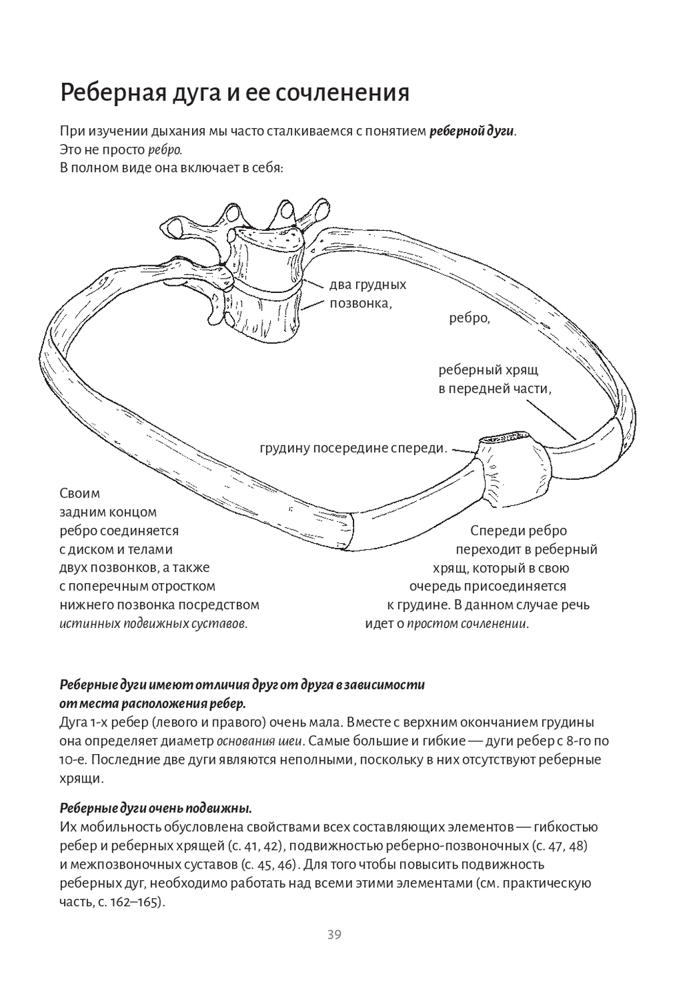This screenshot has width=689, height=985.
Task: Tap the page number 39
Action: coord(334,935)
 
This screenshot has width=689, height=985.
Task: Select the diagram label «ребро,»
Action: coord(469,318)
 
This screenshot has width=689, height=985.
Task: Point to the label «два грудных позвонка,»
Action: coord(367,294)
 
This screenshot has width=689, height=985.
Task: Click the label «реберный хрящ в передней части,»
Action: coord(495,379)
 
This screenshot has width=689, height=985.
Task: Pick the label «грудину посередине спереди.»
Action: coord(353,448)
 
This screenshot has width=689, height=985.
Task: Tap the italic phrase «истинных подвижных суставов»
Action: coord(153,624)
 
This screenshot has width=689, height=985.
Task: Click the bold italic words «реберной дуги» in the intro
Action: coord(471,131)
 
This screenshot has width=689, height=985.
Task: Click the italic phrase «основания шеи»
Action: coord(258,742)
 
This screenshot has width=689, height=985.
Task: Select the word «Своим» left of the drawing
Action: coord(80,494)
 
